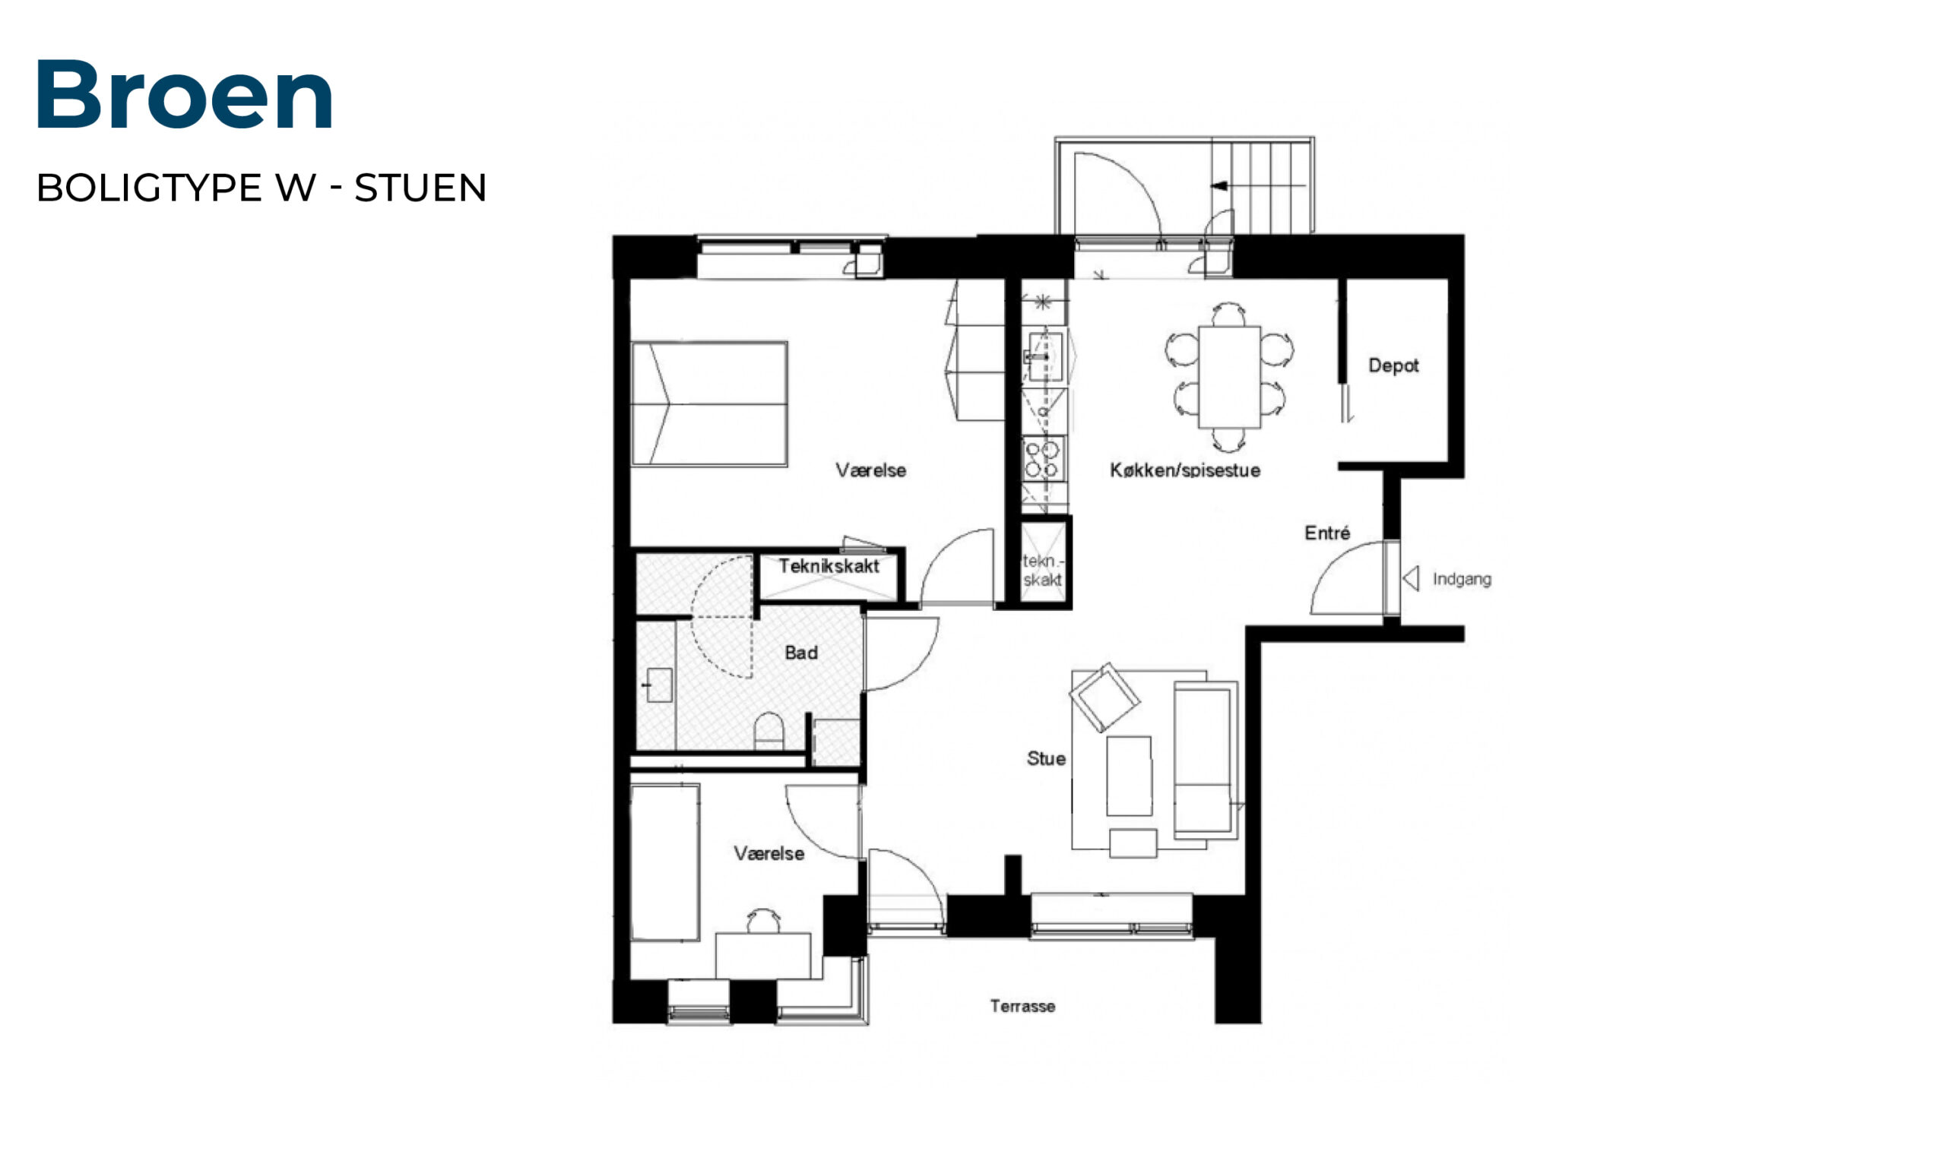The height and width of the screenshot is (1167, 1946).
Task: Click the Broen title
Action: [185, 94]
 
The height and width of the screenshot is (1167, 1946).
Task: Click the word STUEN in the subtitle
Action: [421, 188]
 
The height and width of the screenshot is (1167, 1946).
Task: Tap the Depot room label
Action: [1393, 365]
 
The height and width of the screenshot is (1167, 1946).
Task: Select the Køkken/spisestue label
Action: [1184, 470]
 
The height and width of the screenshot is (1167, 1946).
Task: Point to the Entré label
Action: [1327, 533]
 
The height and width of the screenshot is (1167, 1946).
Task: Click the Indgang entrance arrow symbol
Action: [1411, 579]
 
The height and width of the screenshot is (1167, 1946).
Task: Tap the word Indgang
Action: [1462, 580]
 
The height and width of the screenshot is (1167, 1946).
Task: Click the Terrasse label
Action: [1022, 1006]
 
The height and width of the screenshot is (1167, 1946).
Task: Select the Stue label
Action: [1046, 759]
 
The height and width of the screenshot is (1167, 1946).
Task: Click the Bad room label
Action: [800, 653]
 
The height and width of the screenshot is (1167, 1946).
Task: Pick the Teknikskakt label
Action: [829, 566]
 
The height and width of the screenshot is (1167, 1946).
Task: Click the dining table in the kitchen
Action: [1228, 377]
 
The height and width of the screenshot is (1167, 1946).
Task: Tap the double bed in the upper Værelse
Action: [709, 404]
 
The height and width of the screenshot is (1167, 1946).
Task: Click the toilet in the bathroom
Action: [769, 731]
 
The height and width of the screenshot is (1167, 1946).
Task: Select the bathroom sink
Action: [658, 685]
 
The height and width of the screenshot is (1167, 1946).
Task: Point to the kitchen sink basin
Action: [1045, 356]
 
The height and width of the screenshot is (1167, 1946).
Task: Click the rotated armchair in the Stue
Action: [1105, 697]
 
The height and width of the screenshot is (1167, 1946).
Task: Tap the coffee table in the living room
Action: [1129, 776]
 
